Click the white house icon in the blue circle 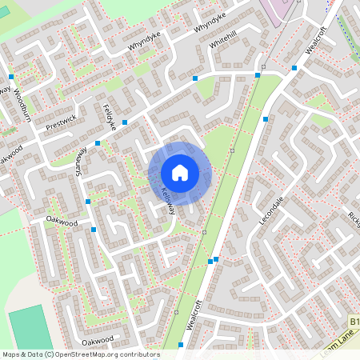click(180, 173)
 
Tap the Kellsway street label click(167, 200)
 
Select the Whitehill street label click(223, 40)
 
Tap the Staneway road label click(80, 155)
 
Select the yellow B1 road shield click(354, 322)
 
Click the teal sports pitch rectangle click(30, 328)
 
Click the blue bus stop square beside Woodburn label click(11, 77)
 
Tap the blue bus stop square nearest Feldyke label click(125, 122)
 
